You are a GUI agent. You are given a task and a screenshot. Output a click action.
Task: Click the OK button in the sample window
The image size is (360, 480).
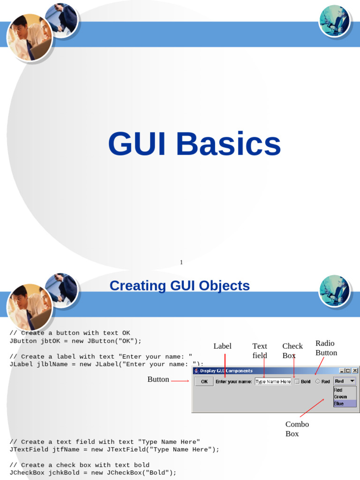tap(204, 382)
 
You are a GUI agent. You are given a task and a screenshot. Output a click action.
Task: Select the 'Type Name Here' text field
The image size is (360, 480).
tap(273, 382)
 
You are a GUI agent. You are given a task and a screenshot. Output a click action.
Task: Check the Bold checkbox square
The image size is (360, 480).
tap(297, 382)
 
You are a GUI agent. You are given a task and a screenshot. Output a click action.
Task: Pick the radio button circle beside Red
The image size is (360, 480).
tap(317, 382)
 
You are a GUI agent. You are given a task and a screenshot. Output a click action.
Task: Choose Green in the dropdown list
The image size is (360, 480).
tap(340, 397)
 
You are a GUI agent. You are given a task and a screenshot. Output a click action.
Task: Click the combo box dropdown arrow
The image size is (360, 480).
tap(352, 381)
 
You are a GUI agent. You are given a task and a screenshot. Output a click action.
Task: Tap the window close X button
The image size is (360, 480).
tap(355, 371)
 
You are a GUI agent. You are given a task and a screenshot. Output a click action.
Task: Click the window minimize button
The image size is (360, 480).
tap(342, 371)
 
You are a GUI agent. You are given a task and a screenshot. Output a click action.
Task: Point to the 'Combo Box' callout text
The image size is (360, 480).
tap(297, 429)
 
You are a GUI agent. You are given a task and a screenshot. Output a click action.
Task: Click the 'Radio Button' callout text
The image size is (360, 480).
tap(326, 348)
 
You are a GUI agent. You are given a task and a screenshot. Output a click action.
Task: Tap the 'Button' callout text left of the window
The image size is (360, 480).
tap(158, 379)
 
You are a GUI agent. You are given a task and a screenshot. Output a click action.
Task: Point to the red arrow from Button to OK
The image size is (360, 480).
tap(180, 381)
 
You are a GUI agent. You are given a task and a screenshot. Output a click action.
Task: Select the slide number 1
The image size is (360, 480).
tap(181, 262)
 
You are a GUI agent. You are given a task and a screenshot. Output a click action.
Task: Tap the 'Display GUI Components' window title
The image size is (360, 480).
tap(226, 371)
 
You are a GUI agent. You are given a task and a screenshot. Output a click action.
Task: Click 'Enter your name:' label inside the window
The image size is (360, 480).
tap(233, 382)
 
